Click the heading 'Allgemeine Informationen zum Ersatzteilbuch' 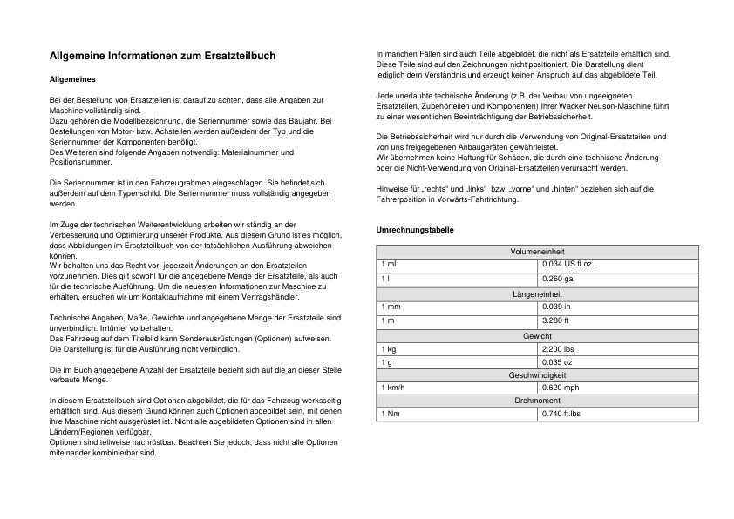pos(163,56)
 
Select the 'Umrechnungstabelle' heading pos(414,229)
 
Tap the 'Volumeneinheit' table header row pos(537,252)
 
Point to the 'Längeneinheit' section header pos(537,294)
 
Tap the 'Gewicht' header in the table pos(537,335)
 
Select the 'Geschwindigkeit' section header pos(537,374)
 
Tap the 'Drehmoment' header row pos(537,401)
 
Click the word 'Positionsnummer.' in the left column pos(79,162)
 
